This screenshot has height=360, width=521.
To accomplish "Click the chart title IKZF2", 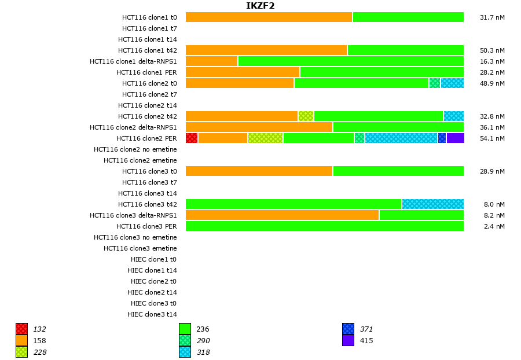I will (260, 6).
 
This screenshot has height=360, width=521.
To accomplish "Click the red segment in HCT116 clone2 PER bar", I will (192, 138).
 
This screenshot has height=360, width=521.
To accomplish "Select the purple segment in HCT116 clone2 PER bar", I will (455, 138).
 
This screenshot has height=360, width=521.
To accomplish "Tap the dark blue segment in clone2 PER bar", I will (442, 138).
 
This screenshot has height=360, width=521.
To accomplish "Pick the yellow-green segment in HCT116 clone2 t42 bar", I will (306, 116).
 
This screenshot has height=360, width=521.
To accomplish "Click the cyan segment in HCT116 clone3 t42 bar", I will (432, 204).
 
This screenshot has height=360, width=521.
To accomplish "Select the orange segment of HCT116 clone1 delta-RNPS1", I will (211, 61).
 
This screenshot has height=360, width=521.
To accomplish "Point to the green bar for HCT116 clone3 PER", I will (324, 226).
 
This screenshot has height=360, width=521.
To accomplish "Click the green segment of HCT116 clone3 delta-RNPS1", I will (421, 215).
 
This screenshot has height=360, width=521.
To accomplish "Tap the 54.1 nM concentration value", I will (492, 138).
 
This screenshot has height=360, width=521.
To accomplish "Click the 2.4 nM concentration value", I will (494, 226).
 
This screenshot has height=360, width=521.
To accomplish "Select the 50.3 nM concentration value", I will (492, 50).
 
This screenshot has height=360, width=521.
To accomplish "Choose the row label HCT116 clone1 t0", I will (149, 17).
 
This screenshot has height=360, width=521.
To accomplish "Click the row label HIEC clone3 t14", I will (152, 314).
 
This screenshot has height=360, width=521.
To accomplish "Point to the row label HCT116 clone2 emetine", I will (140, 160).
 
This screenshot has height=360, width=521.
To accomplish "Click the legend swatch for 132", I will (22, 329).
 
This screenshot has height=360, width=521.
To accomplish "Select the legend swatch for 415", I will (348, 340).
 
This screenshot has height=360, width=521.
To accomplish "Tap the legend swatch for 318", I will (185, 352).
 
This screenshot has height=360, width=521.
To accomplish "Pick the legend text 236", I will (202, 329).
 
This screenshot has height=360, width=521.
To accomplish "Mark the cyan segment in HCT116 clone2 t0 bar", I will (452, 83).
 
